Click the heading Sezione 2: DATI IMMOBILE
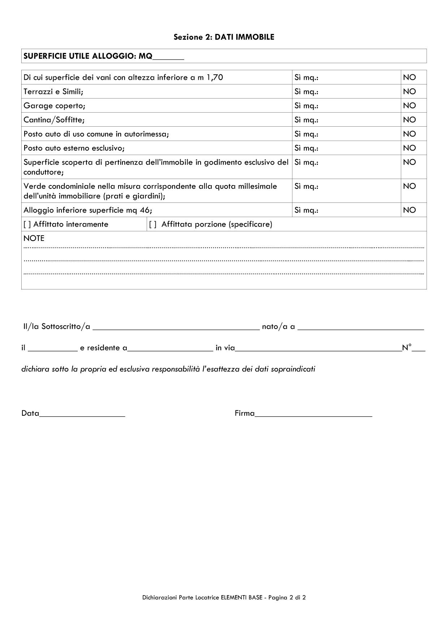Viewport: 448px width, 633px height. [224, 37]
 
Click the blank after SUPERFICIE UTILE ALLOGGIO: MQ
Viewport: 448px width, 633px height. [168, 57]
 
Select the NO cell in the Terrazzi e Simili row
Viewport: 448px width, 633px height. [409, 92]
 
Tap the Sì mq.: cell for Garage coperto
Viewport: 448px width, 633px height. [346, 106]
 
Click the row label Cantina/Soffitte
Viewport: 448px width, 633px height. [54, 120]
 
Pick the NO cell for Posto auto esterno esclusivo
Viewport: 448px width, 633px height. [409, 148]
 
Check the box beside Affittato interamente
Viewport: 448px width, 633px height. [27, 224]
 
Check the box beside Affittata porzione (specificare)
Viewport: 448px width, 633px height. [153, 224]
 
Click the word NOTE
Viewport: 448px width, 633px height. [34, 239]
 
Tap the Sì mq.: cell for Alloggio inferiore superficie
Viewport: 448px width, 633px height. [346, 210]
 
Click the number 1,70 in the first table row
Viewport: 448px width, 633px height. [215, 77]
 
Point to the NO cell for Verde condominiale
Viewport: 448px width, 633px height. [409, 186]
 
